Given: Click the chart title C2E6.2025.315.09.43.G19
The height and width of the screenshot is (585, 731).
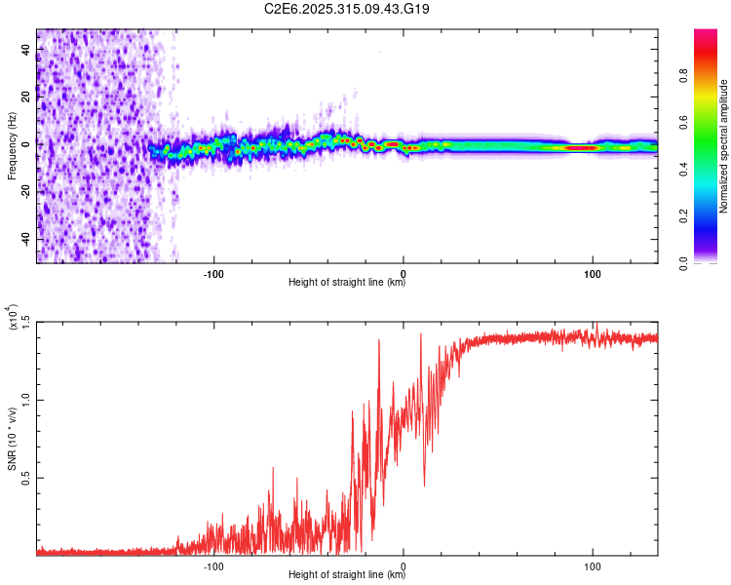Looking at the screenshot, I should pos(347,9).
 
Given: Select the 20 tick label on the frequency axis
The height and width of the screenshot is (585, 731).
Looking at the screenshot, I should pos(25,97).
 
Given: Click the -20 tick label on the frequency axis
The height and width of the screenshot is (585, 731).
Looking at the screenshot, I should pos(25,192).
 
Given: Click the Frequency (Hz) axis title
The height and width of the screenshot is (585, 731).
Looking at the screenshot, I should pos(12,146).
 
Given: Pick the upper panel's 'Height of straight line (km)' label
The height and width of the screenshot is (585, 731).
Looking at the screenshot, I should pos(347,283).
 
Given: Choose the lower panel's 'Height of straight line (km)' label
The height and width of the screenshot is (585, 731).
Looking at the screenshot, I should pos(347,574).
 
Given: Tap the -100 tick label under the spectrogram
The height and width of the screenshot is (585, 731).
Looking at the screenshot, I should pos(214,272).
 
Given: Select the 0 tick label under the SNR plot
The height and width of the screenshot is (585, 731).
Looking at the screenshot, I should pos(404,565).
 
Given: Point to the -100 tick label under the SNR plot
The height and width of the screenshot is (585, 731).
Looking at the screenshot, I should pos(214,565).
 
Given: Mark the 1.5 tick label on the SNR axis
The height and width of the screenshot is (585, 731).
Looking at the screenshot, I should pos(25,322).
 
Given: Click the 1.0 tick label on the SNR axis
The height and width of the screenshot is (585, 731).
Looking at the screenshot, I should pos(25,400).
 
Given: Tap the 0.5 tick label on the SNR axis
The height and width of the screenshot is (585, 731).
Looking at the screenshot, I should pos(25,478).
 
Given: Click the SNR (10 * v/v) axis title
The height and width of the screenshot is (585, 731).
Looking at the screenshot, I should pos(12,439).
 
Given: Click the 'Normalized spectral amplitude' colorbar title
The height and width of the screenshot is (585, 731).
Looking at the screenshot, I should pos(724,146).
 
